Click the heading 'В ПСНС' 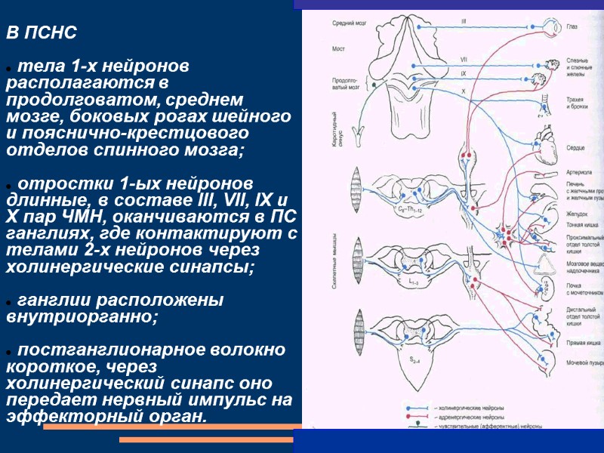(42, 34)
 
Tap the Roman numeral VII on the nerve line (463, 59)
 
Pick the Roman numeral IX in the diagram (463, 73)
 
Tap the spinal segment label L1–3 (414, 281)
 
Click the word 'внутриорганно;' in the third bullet (82, 317)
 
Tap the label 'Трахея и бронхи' (580, 103)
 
